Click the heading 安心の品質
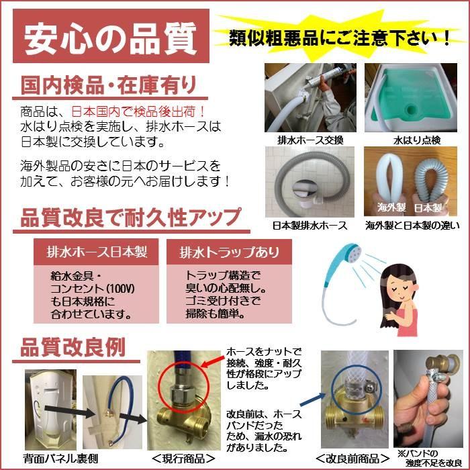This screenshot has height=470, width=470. tap(111, 39)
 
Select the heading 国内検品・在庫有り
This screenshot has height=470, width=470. tap(109, 85)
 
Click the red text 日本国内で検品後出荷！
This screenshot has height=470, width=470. tap(138, 112)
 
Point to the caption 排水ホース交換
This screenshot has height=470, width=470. tap(310, 140)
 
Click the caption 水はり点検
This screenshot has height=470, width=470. tap(417, 140)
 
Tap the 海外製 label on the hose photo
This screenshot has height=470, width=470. tap(391, 207)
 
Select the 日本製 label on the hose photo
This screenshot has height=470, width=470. tap(428, 207)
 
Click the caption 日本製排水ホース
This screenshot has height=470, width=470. tap(310, 226)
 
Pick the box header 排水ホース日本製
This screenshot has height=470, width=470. tap(97, 252)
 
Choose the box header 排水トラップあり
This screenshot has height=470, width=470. tap(230, 252)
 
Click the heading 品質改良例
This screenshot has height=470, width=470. tap(73, 348)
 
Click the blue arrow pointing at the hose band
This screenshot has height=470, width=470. tap(313, 400)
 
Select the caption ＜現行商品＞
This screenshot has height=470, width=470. tap(183, 459)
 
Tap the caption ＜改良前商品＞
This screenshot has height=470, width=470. tap(352, 459)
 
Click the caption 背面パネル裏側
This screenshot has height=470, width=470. tap(60, 459)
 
